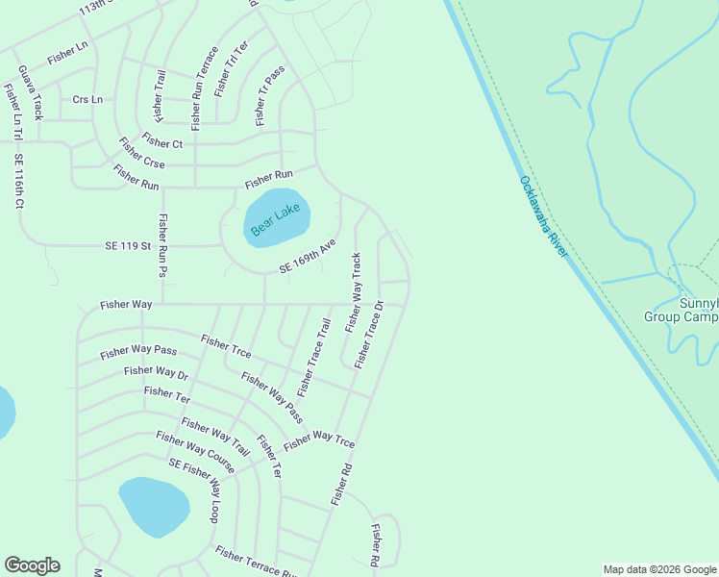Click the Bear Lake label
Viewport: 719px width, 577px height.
pyautogui.click(x=276, y=219)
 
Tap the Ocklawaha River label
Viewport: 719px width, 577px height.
pyautogui.click(x=544, y=216)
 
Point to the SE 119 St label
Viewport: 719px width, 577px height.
pyautogui.click(x=129, y=246)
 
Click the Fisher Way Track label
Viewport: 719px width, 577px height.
pyautogui.click(x=354, y=291)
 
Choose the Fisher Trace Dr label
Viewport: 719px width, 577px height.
pyautogui.click(x=368, y=335)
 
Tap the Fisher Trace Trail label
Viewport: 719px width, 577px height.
pyautogui.click(x=314, y=358)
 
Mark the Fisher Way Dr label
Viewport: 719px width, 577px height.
pyautogui.click(x=156, y=372)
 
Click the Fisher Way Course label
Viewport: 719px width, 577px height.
pyautogui.click(x=195, y=452)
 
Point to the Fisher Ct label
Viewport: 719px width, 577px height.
pyautogui.click(x=162, y=142)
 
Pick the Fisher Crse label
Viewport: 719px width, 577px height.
pyautogui.click(x=141, y=156)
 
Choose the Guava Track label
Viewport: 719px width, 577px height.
pyautogui.click(x=31, y=92)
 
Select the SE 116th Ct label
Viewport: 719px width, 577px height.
pyautogui.click(x=18, y=182)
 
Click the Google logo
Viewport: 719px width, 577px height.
pyautogui.click(x=32, y=565)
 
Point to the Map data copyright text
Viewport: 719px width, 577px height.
pyautogui.click(x=659, y=569)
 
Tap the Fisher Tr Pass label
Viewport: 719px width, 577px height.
pyautogui.click(x=271, y=98)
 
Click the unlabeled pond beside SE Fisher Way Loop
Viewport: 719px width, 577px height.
pyautogui.click(x=153, y=506)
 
